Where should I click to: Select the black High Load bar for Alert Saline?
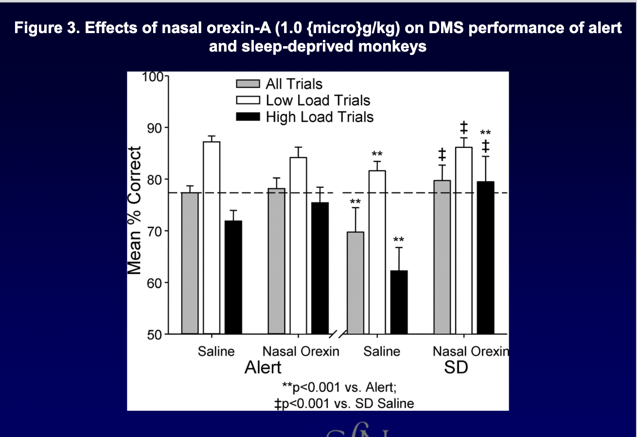pyautogui.click(x=233, y=277)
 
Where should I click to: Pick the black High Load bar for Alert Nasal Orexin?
pyautogui.click(x=320, y=268)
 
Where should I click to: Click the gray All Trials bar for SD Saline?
pyautogui.click(x=356, y=283)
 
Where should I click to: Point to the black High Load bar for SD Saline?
pyautogui.click(x=399, y=302)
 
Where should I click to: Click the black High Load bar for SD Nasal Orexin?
pyautogui.click(x=485, y=257)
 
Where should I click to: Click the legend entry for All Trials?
pyautogui.click(x=294, y=84)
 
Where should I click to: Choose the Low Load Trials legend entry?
pyautogui.click(x=318, y=100)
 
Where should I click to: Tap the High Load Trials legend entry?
pyautogui.click(x=319, y=117)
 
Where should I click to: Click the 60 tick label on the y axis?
pyautogui.click(x=154, y=283)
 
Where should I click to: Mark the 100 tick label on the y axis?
pyautogui.click(x=152, y=77)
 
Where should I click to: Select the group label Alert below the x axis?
pyautogui.click(x=263, y=367)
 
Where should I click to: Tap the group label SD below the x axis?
pyautogui.click(x=456, y=367)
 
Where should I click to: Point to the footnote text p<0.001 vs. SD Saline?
pyautogui.click(x=348, y=403)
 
